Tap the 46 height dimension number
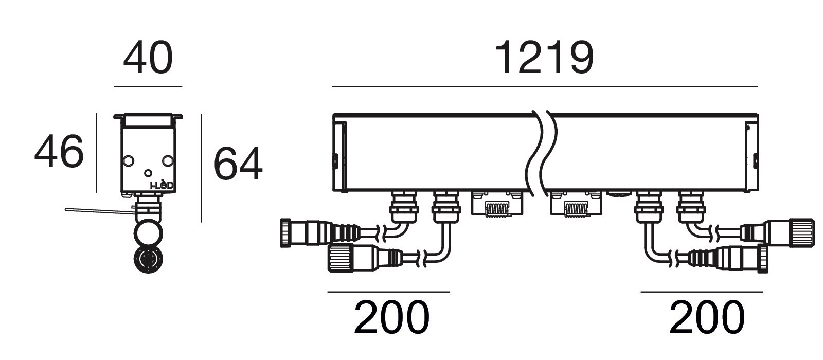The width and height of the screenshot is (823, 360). pos(59,151)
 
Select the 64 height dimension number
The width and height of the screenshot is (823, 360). pos(238,164)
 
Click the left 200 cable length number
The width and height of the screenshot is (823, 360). pos(391,317)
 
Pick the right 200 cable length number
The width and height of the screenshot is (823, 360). pos(707,317)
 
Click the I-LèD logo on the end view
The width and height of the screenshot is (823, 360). pos(162,185)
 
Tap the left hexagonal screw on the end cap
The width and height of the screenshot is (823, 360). pos(128,160)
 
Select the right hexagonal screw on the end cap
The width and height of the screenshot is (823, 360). pos(168,160)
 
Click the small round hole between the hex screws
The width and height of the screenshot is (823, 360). pos(148,173)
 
